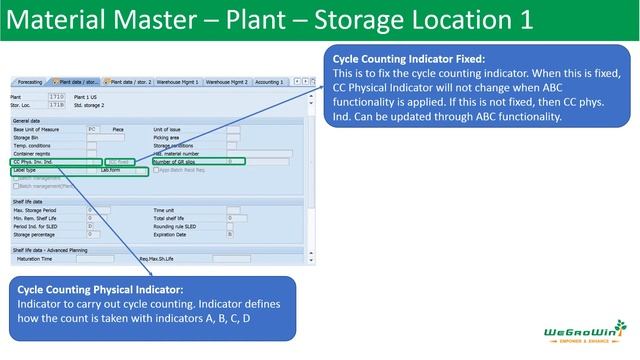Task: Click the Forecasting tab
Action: click(x=30, y=82)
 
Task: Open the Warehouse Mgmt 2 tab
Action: click(x=228, y=82)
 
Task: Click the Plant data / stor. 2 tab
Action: click(x=133, y=82)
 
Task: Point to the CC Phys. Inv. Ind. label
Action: click(x=34, y=160)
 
